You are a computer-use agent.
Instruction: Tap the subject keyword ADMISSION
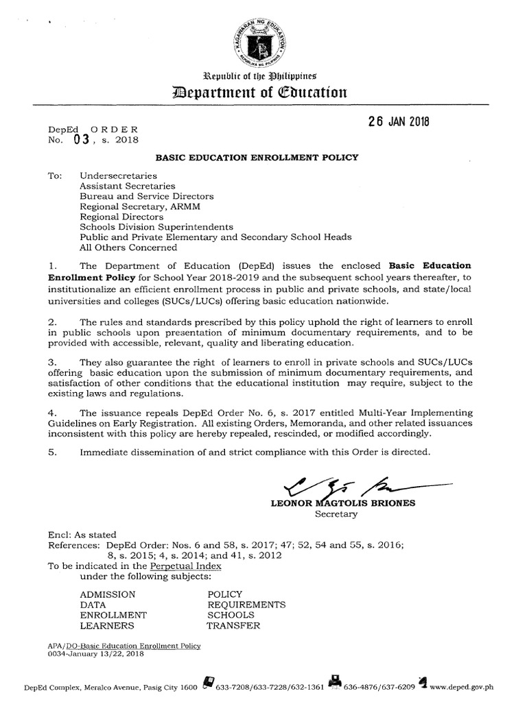point(107,594)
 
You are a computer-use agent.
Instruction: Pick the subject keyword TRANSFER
point(234,625)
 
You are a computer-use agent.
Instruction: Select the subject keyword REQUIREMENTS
point(246,605)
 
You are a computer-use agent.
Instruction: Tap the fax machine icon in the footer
point(336,682)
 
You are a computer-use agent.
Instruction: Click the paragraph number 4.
point(51,412)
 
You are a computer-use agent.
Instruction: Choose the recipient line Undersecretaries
point(118,175)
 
